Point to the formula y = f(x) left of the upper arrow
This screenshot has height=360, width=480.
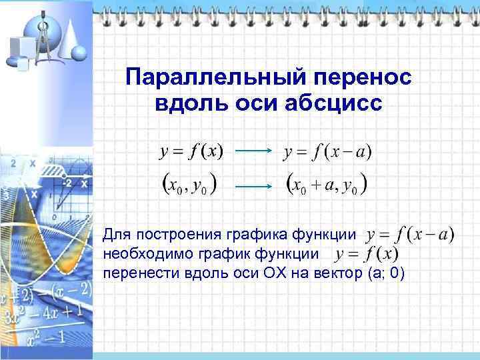[x=191, y=152]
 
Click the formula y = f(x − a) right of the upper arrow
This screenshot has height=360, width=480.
[x=327, y=152]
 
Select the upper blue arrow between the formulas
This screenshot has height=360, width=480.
[x=253, y=152]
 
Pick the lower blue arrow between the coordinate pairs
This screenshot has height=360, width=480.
[x=253, y=187]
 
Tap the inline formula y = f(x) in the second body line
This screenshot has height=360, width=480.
[x=367, y=254]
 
